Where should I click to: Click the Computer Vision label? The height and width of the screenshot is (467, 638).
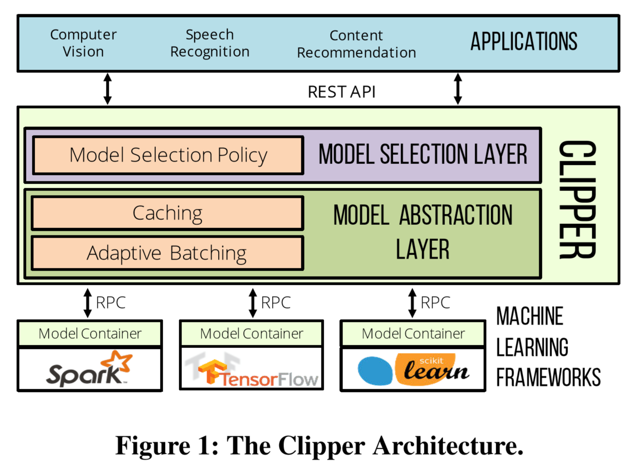pyautogui.click(x=83, y=43)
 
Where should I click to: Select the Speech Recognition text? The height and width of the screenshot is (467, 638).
pyautogui.click(x=209, y=43)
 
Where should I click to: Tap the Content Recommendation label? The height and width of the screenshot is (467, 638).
pyautogui.click(x=356, y=44)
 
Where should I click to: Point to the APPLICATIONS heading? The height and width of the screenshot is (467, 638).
pyautogui.click(x=524, y=42)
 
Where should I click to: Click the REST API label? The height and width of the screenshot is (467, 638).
pyautogui.click(x=341, y=92)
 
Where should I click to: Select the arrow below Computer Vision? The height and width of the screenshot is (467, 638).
pyautogui.click(x=107, y=89)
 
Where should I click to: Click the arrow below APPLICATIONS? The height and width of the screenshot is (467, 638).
pyautogui.click(x=458, y=89)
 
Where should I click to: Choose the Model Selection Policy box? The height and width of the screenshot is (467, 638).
pyautogui.click(x=168, y=155)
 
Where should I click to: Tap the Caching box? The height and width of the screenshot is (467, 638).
pyautogui.click(x=167, y=213)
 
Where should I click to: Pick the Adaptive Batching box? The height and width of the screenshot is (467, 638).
pyautogui.click(x=167, y=253)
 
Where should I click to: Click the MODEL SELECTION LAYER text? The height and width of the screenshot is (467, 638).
pyautogui.click(x=423, y=155)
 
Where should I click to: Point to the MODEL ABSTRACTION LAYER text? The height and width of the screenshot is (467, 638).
pyautogui.click(x=423, y=232)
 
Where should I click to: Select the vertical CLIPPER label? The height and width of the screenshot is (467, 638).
pyautogui.click(x=578, y=200)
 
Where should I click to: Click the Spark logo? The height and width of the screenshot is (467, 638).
pyautogui.click(x=90, y=369)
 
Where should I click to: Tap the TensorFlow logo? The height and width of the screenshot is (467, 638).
pyautogui.click(x=252, y=371)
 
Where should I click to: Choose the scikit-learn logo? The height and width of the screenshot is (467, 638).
pyautogui.click(x=413, y=369)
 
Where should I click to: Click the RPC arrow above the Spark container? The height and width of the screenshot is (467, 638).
pyautogui.click(x=87, y=303)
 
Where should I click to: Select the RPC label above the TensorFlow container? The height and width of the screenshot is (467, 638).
pyautogui.click(x=276, y=303)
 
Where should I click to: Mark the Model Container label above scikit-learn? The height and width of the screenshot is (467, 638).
pyautogui.click(x=413, y=334)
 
